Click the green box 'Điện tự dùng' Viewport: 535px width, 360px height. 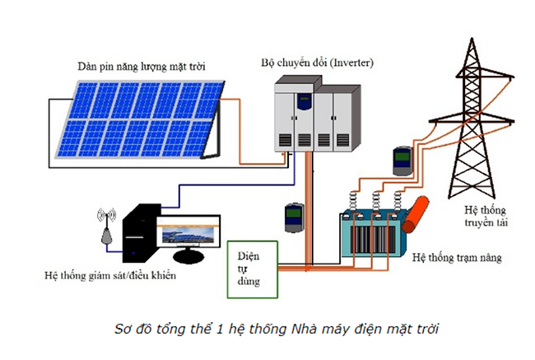click(252, 268)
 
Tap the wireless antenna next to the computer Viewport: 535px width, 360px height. click(106, 227)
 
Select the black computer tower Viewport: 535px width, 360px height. click(138, 234)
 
